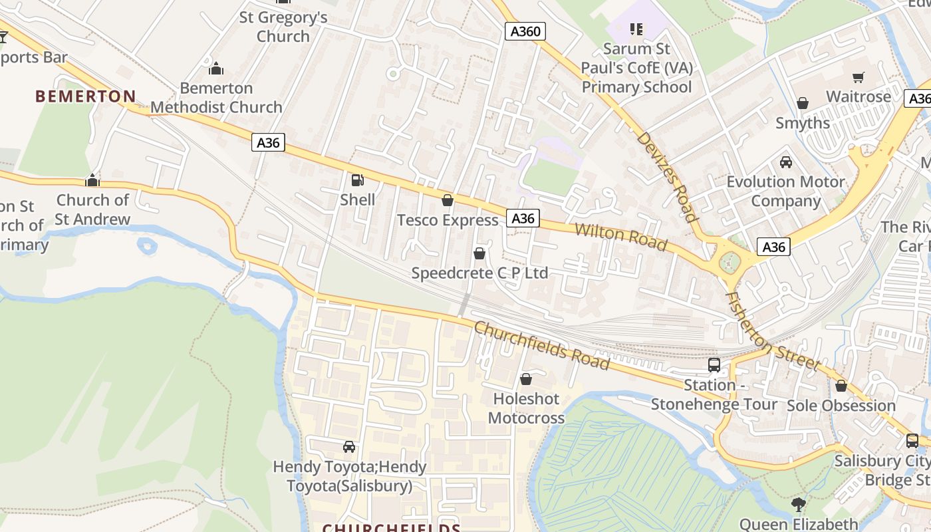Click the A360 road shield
coord(525,31)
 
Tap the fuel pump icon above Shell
coord(357,180)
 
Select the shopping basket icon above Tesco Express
coord(448,200)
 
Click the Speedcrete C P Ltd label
coord(479,273)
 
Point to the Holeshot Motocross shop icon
coord(526,379)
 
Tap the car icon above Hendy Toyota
coord(349,447)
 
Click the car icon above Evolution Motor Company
coord(785,162)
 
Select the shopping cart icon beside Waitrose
coord(858,77)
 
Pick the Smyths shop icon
coord(803,103)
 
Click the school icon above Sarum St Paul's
coord(636,29)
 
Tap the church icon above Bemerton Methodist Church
coord(216,68)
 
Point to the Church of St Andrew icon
coord(92,180)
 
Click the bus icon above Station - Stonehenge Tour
coord(714,365)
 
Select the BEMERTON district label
coord(85,96)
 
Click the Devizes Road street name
coord(666,176)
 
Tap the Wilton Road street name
coord(620,237)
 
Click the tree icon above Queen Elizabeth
coord(799,505)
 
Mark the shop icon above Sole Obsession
coord(841,386)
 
